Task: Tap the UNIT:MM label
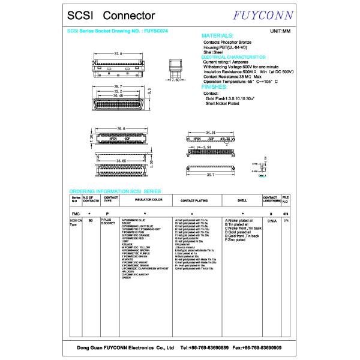[280, 31]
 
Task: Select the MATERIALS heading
[222, 36]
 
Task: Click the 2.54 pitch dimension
[206, 146]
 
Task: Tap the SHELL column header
[242, 199]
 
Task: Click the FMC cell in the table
[76, 214]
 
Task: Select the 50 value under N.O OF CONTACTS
[90, 221]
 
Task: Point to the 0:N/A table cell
[272, 221]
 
